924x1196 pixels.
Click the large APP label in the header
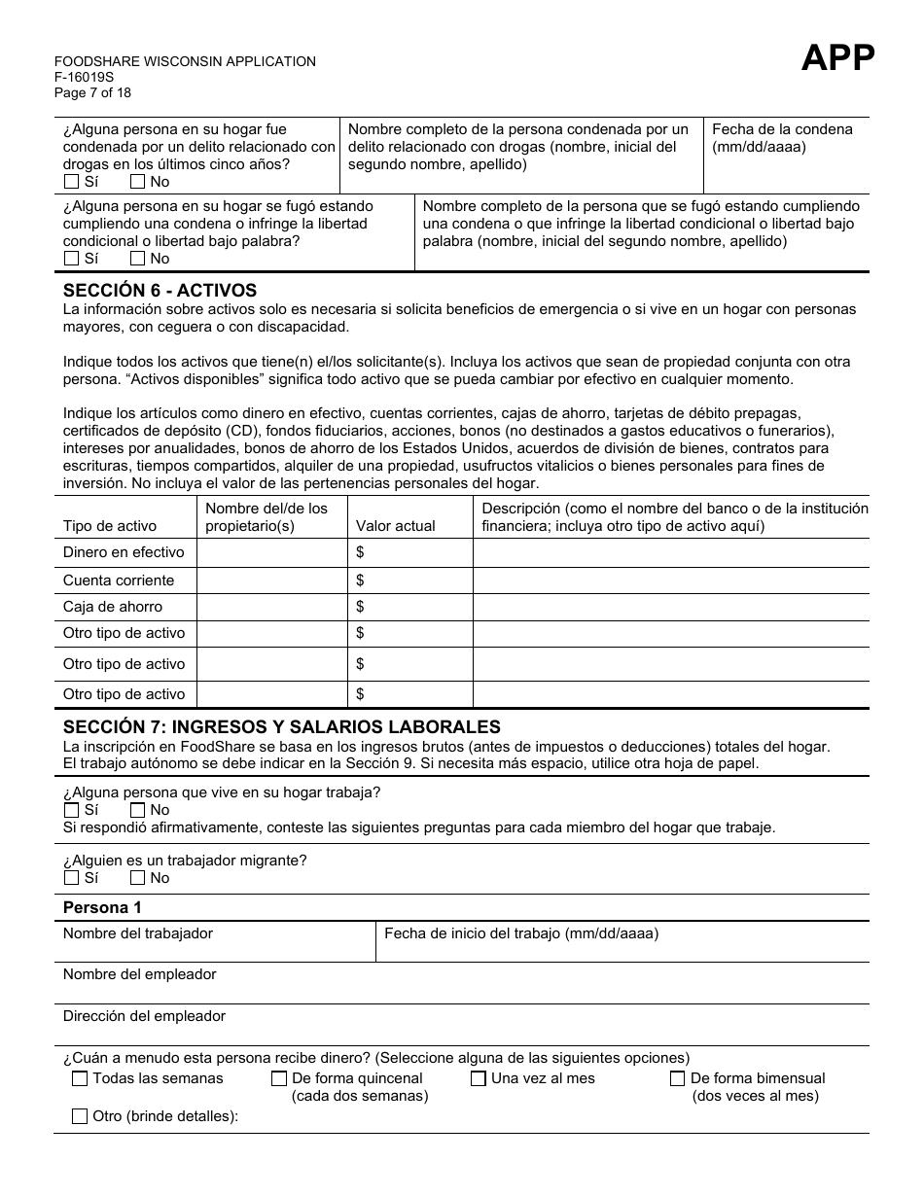click(x=837, y=58)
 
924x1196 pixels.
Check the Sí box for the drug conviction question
click(x=71, y=182)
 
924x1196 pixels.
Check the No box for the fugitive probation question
click(x=138, y=259)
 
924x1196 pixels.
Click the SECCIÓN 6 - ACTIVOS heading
click(x=160, y=290)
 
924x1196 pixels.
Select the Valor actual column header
click(x=395, y=526)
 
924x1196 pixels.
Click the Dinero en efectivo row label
click(x=124, y=552)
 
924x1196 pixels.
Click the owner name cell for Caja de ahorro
click(x=272, y=607)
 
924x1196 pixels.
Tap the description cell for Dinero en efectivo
click(x=670, y=552)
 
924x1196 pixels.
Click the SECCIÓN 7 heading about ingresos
click(x=281, y=726)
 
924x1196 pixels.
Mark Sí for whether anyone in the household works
click(x=71, y=810)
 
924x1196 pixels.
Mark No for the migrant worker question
click(x=138, y=878)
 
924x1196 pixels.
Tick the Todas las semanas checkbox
click(x=80, y=1078)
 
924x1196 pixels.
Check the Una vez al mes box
click(x=479, y=1078)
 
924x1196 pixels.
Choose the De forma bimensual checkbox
click(x=678, y=1078)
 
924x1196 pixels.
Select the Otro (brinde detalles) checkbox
click(x=80, y=1116)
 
